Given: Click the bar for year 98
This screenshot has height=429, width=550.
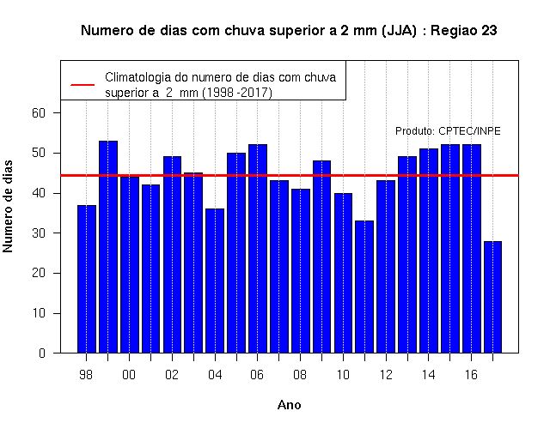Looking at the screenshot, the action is point(87,279).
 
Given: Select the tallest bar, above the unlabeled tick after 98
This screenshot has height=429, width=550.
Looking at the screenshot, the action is point(108,247).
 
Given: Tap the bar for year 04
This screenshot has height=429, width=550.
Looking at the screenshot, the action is point(215,281).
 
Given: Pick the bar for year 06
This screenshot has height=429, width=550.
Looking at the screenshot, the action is point(258,249).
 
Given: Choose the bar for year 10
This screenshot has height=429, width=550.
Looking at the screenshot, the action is point(343,273).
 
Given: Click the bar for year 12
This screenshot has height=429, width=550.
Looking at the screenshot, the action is point(386,267).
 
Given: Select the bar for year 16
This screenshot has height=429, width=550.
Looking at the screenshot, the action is point(472,249).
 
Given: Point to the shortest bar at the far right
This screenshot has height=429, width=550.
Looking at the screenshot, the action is point(492,297).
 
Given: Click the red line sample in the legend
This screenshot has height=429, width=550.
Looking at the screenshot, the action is point(82,85).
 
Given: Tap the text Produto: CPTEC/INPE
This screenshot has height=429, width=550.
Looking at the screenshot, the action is point(448,131).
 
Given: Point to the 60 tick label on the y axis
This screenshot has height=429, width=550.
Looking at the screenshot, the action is point(39,113).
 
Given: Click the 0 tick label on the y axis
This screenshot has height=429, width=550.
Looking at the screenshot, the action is point(42,353).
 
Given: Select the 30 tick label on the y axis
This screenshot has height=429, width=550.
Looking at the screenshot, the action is point(39,233).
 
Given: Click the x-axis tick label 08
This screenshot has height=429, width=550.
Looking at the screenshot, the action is point(300,375).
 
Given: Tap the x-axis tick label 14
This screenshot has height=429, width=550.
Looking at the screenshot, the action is point(428,375).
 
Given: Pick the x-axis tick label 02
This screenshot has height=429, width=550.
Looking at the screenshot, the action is point(172,375).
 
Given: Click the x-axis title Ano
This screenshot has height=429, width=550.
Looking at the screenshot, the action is point(289,405).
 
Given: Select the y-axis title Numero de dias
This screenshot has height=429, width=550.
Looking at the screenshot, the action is point(8,206).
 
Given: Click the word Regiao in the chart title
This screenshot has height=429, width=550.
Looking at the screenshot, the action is point(454,31).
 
